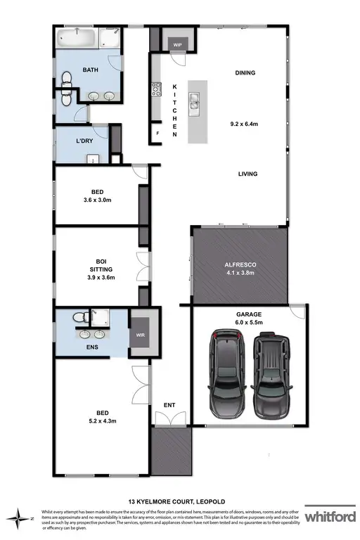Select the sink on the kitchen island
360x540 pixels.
[x=192, y=105]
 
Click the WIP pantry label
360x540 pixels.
[x=178, y=43]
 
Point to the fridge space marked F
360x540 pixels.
[x=158, y=133]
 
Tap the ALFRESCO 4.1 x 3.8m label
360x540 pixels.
[x=240, y=269]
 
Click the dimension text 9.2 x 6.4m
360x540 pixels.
[x=245, y=124]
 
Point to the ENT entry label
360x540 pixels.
[x=169, y=405]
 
